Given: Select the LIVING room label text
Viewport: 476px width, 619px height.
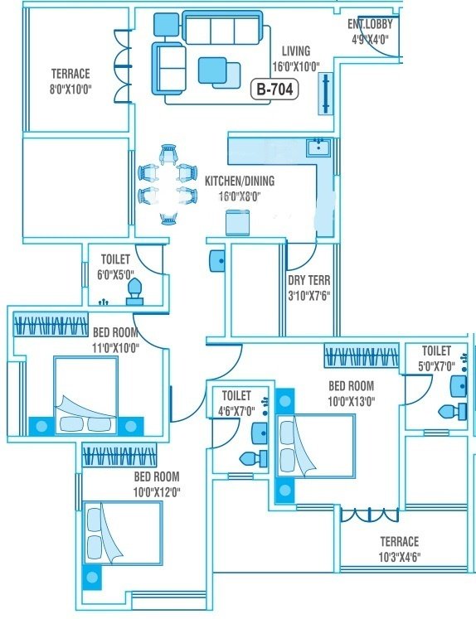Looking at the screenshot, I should tap(295, 51).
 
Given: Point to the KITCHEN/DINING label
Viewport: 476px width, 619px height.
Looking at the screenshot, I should tap(240, 181).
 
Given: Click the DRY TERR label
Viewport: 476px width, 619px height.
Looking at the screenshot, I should tap(307, 280).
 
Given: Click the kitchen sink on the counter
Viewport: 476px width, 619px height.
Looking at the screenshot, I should tap(318, 149).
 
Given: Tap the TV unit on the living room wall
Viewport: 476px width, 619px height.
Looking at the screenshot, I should tap(326, 93).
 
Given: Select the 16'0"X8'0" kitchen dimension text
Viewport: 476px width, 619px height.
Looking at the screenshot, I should tap(240, 196).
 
